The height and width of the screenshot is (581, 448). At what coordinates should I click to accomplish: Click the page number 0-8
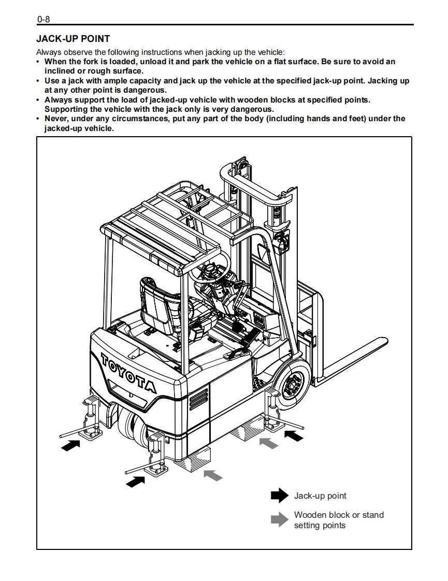(x=43, y=20)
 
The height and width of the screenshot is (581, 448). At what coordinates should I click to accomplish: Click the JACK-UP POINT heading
(x=73, y=39)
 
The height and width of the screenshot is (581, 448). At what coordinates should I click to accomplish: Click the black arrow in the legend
(x=279, y=496)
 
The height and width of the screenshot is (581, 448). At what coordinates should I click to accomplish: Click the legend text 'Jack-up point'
(x=320, y=496)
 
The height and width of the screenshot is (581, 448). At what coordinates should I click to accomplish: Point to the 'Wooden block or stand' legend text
(x=339, y=515)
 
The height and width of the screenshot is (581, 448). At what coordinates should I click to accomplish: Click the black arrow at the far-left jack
(x=70, y=444)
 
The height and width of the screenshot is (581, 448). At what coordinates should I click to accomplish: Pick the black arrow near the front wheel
(x=294, y=436)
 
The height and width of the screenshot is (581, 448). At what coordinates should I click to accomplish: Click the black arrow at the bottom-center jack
(x=136, y=481)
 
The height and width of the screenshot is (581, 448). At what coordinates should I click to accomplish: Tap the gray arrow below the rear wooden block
(x=213, y=474)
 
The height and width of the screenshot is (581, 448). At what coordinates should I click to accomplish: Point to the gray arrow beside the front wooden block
(x=268, y=443)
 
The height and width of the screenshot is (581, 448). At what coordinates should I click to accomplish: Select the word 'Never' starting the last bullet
(x=56, y=119)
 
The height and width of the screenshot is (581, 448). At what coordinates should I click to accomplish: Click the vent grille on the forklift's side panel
(x=198, y=399)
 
